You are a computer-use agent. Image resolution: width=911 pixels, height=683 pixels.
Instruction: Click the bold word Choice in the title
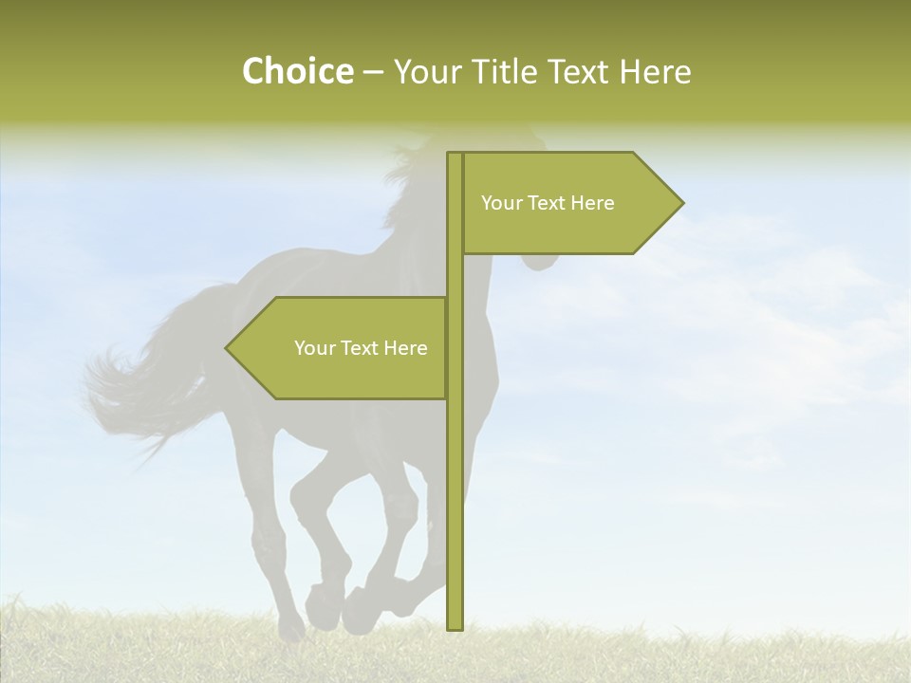click(x=297, y=71)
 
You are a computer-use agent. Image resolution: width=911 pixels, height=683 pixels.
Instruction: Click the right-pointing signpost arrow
click(x=560, y=203)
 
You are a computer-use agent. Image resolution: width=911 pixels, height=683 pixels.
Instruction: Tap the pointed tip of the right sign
click(x=679, y=203)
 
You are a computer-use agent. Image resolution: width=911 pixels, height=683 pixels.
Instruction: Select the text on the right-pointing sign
click(x=548, y=203)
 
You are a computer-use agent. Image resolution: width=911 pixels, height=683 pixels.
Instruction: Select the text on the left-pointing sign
click(x=361, y=348)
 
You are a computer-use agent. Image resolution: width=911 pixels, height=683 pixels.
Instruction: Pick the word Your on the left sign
click(x=314, y=348)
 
